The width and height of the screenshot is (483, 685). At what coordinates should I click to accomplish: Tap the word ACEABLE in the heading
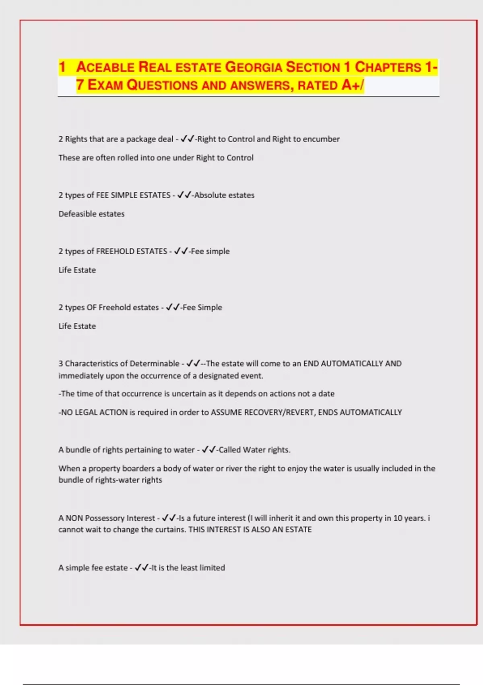[105, 67]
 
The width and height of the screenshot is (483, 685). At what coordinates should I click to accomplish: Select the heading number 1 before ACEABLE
[62, 67]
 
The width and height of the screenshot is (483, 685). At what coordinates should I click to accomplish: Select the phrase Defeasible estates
[91, 214]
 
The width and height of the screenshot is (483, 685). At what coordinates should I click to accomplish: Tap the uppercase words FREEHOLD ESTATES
[132, 251]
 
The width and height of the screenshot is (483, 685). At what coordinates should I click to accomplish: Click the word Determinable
[155, 363]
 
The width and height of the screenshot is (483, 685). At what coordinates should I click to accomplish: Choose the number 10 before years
[398, 518]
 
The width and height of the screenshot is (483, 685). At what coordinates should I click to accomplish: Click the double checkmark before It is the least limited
[141, 568]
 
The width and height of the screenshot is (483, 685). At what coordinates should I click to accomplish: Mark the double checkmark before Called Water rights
[208, 450]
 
